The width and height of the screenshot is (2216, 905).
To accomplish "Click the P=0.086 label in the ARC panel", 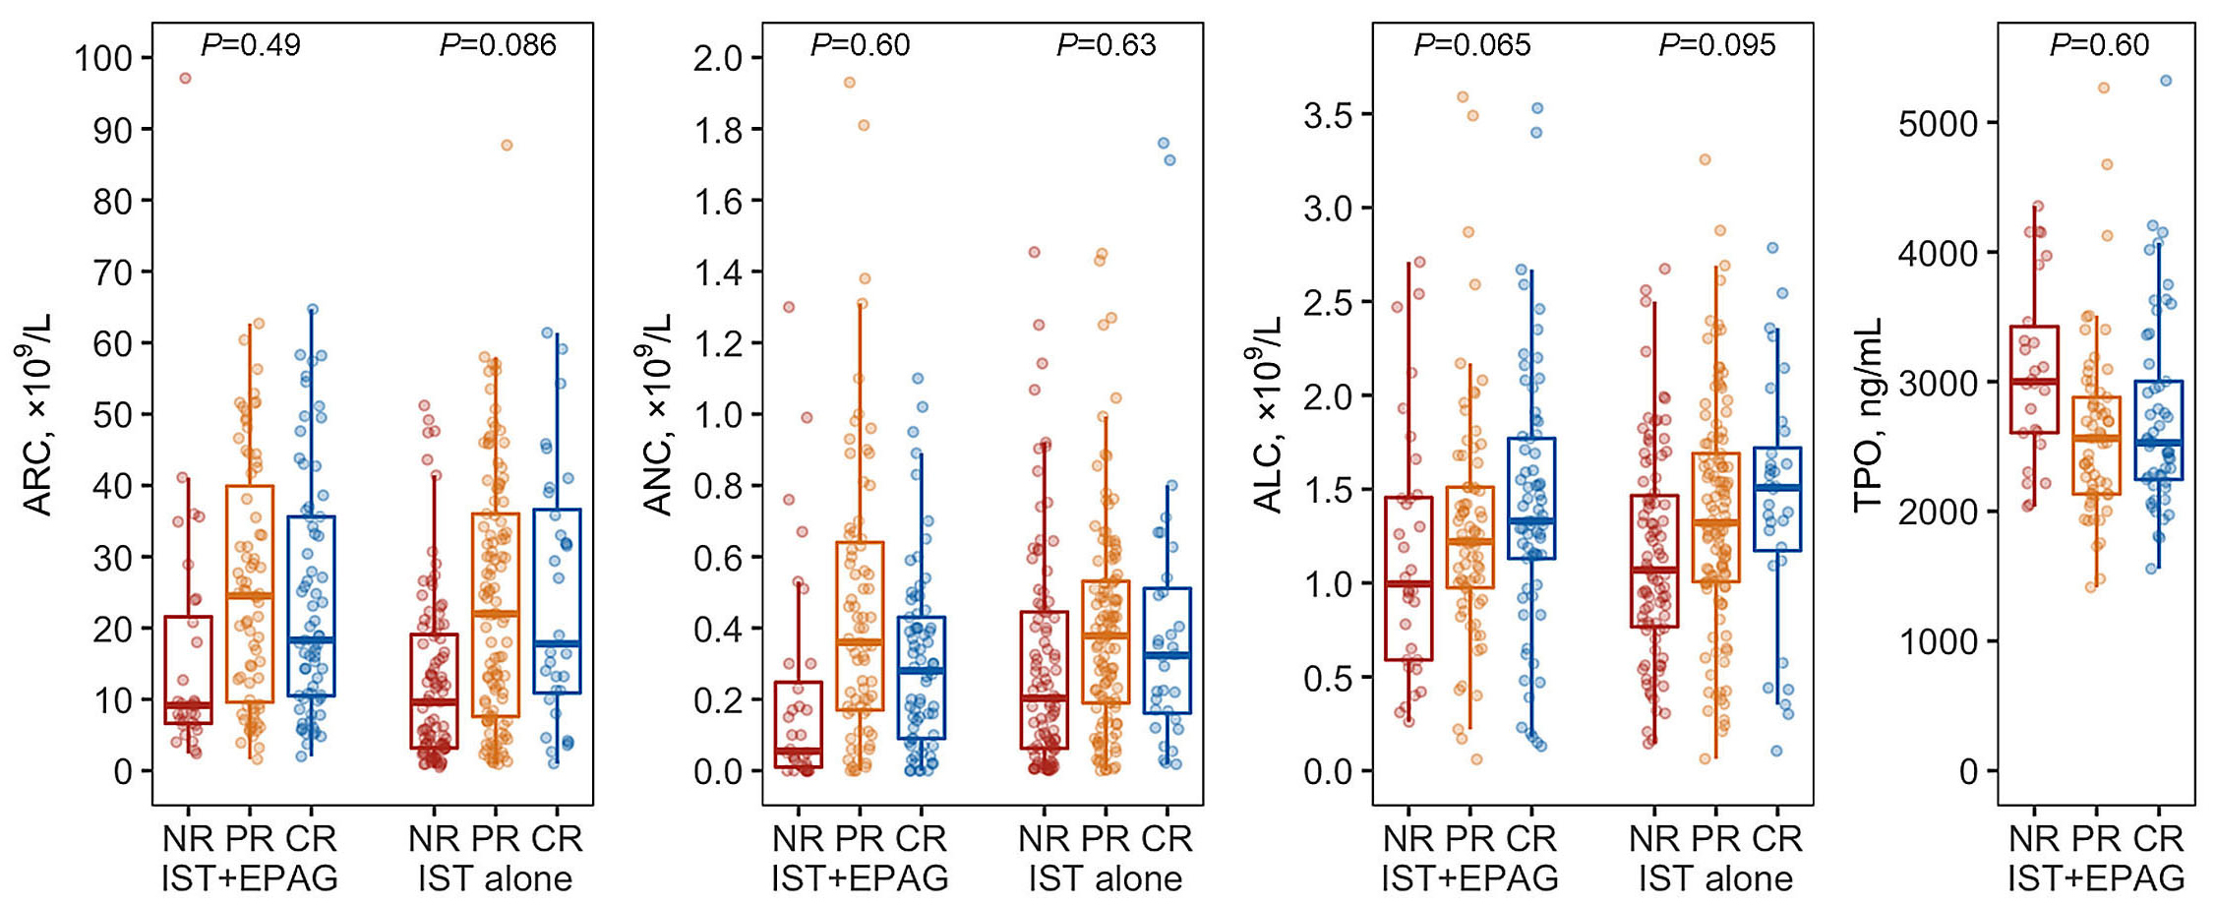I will point(498,45).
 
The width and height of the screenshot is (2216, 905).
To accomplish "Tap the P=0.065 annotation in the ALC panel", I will point(1472,45).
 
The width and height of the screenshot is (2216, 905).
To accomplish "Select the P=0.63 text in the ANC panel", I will point(1107,45).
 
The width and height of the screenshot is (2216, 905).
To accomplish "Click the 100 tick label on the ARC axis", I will point(103,58).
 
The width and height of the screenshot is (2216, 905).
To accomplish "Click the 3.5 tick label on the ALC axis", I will point(1329,115).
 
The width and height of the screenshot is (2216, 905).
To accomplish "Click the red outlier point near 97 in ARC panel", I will point(185,79).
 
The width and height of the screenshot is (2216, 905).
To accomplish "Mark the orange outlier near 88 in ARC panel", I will point(507,145).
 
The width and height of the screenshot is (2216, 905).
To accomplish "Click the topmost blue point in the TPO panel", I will point(2166,81).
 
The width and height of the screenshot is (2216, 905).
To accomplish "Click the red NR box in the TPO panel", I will point(2035,380).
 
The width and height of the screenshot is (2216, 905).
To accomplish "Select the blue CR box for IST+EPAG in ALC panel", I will point(1531,499).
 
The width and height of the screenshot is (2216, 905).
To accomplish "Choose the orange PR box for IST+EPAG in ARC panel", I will point(250,594).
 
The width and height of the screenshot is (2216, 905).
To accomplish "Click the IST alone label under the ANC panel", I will point(1106,878).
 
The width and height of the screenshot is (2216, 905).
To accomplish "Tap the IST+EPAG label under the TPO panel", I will point(2096,878).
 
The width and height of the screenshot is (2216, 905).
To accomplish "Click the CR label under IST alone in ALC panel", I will point(1777,839).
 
